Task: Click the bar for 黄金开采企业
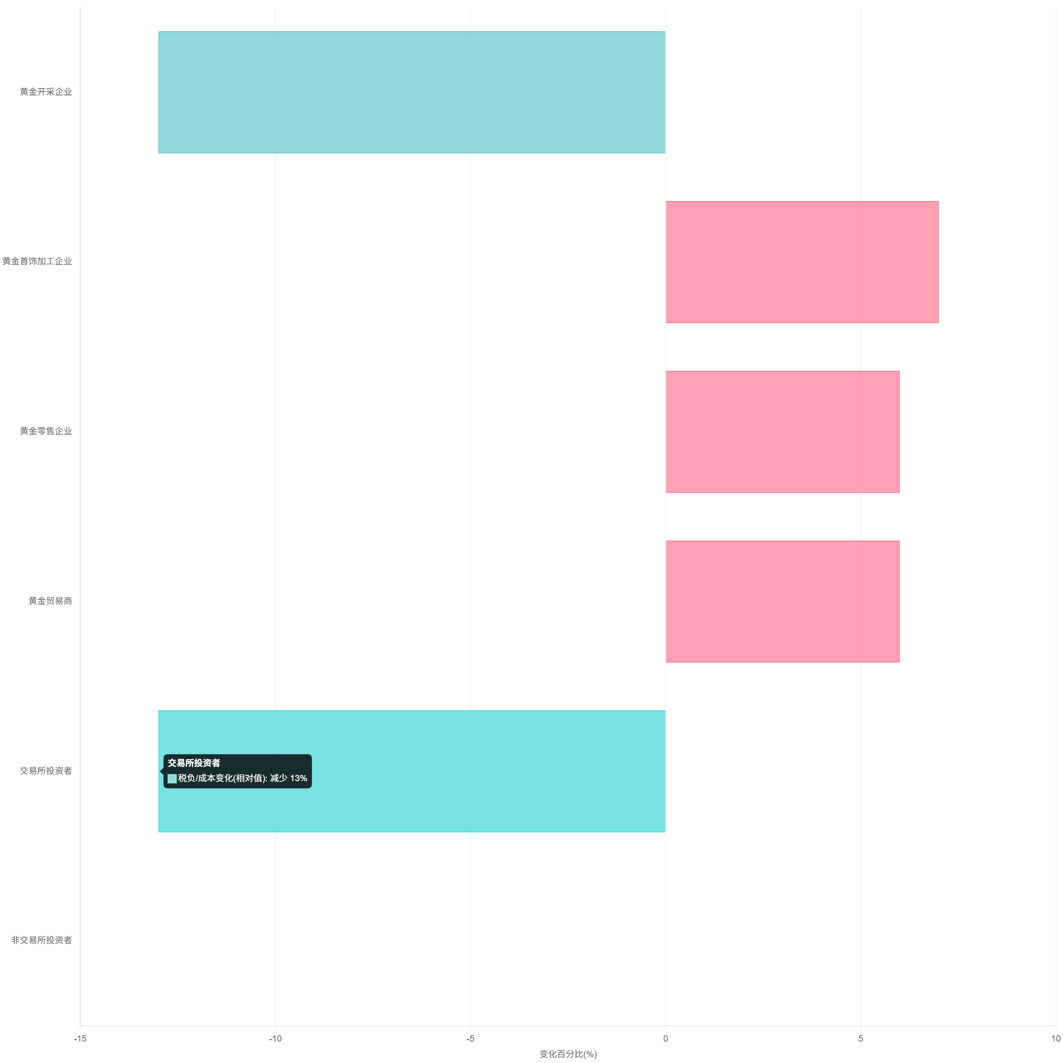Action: (412, 92)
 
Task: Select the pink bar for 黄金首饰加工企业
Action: (802, 262)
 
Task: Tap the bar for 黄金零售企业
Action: (782, 431)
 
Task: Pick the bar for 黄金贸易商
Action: (782, 602)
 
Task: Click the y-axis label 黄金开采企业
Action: (46, 92)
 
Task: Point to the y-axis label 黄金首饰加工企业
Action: (37, 261)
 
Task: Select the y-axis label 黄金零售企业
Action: (46, 431)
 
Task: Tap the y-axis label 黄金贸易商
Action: (50, 601)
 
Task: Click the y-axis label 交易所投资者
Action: (46, 771)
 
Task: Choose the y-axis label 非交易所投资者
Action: (41, 940)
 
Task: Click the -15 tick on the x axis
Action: (80, 1039)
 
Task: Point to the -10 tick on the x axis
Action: (275, 1039)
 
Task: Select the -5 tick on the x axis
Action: (471, 1039)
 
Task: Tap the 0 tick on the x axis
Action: (666, 1039)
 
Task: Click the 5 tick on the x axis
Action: (861, 1039)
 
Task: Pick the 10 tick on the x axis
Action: (1055, 1039)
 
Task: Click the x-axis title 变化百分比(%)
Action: (568, 1054)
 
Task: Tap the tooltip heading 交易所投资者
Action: (194, 763)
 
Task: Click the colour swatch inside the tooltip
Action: (172, 779)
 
